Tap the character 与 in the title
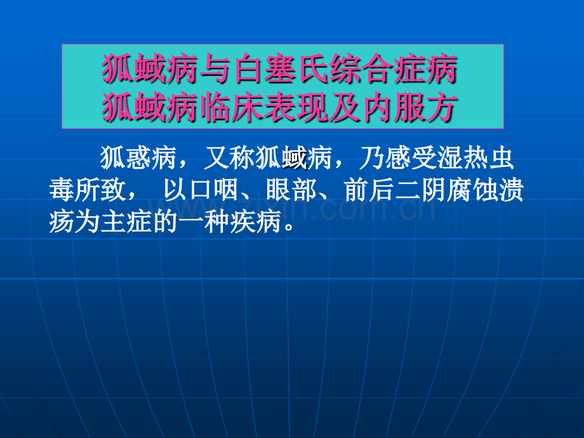(x=217, y=69)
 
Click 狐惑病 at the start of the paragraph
(x=138, y=158)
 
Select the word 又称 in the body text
(x=229, y=158)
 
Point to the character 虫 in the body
(x=501, y=158)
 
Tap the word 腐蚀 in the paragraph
(x=472, y=190)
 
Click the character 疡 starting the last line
(x=62, y=222)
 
